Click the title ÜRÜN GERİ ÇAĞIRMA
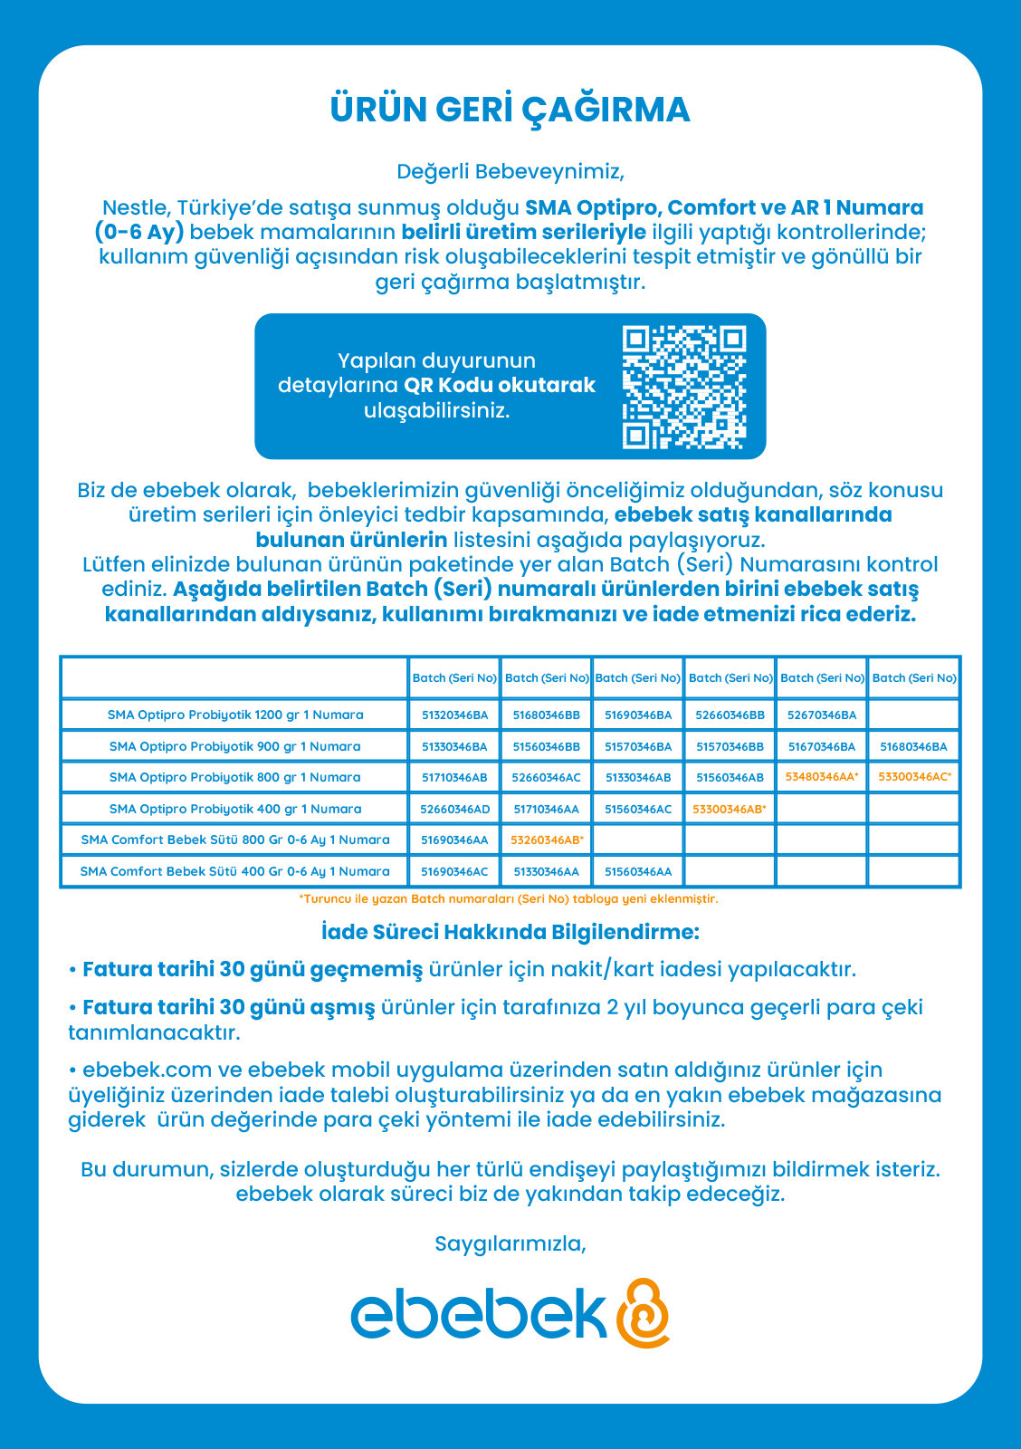[510, 110]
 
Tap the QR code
[683, 387]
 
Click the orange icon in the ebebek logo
[643, 1313]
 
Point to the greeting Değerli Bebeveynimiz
[510, 171]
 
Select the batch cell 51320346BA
[454, 715]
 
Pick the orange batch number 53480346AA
[821, 777]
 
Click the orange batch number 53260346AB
[546, 840]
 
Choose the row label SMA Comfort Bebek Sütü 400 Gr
[234, 871]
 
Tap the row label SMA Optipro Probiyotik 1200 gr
[234, 715]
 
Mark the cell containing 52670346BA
[821, 715]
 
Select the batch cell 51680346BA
[913, 746]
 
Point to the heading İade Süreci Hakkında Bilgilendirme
[510, 932]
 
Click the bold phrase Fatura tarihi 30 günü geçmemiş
[253, 970]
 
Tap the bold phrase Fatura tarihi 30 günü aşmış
[228, 1007]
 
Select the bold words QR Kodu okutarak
[499, 385]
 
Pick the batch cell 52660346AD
[454, 809]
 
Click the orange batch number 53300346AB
[729, 809]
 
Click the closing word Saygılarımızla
[510, 1243]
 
